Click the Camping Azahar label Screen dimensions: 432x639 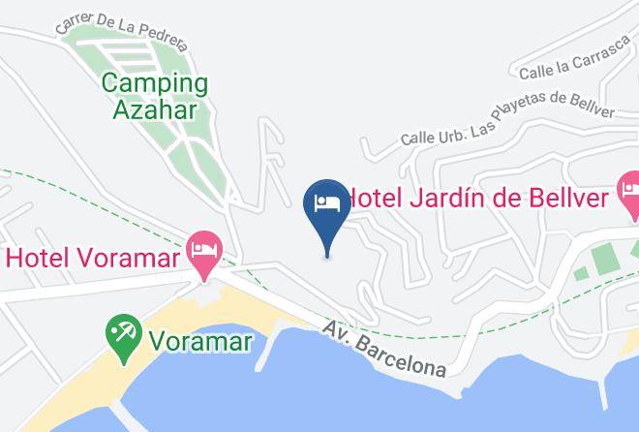(155, 96)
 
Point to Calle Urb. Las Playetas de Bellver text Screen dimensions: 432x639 (508, 122)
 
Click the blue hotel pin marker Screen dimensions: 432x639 (327, 206)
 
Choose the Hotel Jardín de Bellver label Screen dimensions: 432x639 (477, 200)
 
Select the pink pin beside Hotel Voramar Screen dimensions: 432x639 (204, 253)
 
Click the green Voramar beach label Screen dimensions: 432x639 (200, 341)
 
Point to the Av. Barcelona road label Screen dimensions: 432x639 (385, 349)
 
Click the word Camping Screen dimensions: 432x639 (155, 83)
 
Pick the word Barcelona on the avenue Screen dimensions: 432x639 (401, 355)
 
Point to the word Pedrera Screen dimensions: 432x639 (160, 32)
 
